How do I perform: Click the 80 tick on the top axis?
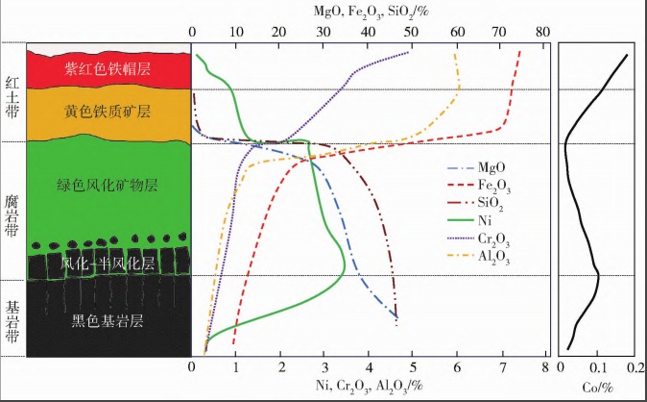[x=542, y=30]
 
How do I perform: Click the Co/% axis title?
[x=598, y=388]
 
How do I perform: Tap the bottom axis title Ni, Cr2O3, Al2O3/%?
[x=368, y=388]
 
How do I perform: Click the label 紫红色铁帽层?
[x=108, y=68]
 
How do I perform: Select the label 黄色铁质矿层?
[x=108, y=112]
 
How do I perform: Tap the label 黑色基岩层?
[x=108, y=322]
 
